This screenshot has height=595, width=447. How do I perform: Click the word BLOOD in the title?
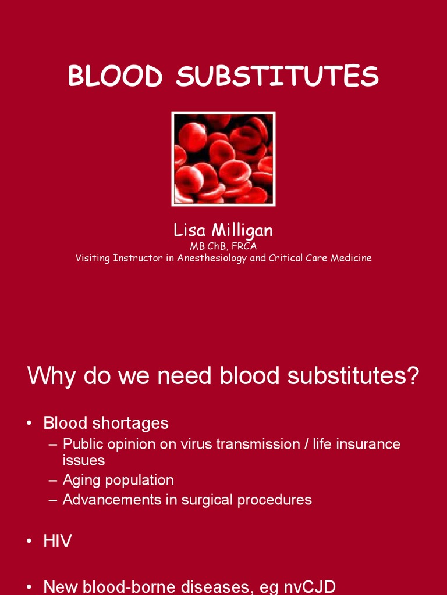(115, 77)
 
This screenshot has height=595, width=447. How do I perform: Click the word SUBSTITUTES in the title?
(278, 77)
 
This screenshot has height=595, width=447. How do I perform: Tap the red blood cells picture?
(223, 159)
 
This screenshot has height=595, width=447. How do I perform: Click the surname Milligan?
(241, 231)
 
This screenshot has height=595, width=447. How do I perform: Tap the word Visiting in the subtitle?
(93, 258)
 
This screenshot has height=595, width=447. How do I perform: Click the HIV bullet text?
(58, 541)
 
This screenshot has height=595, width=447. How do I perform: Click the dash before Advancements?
(52, 500)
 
